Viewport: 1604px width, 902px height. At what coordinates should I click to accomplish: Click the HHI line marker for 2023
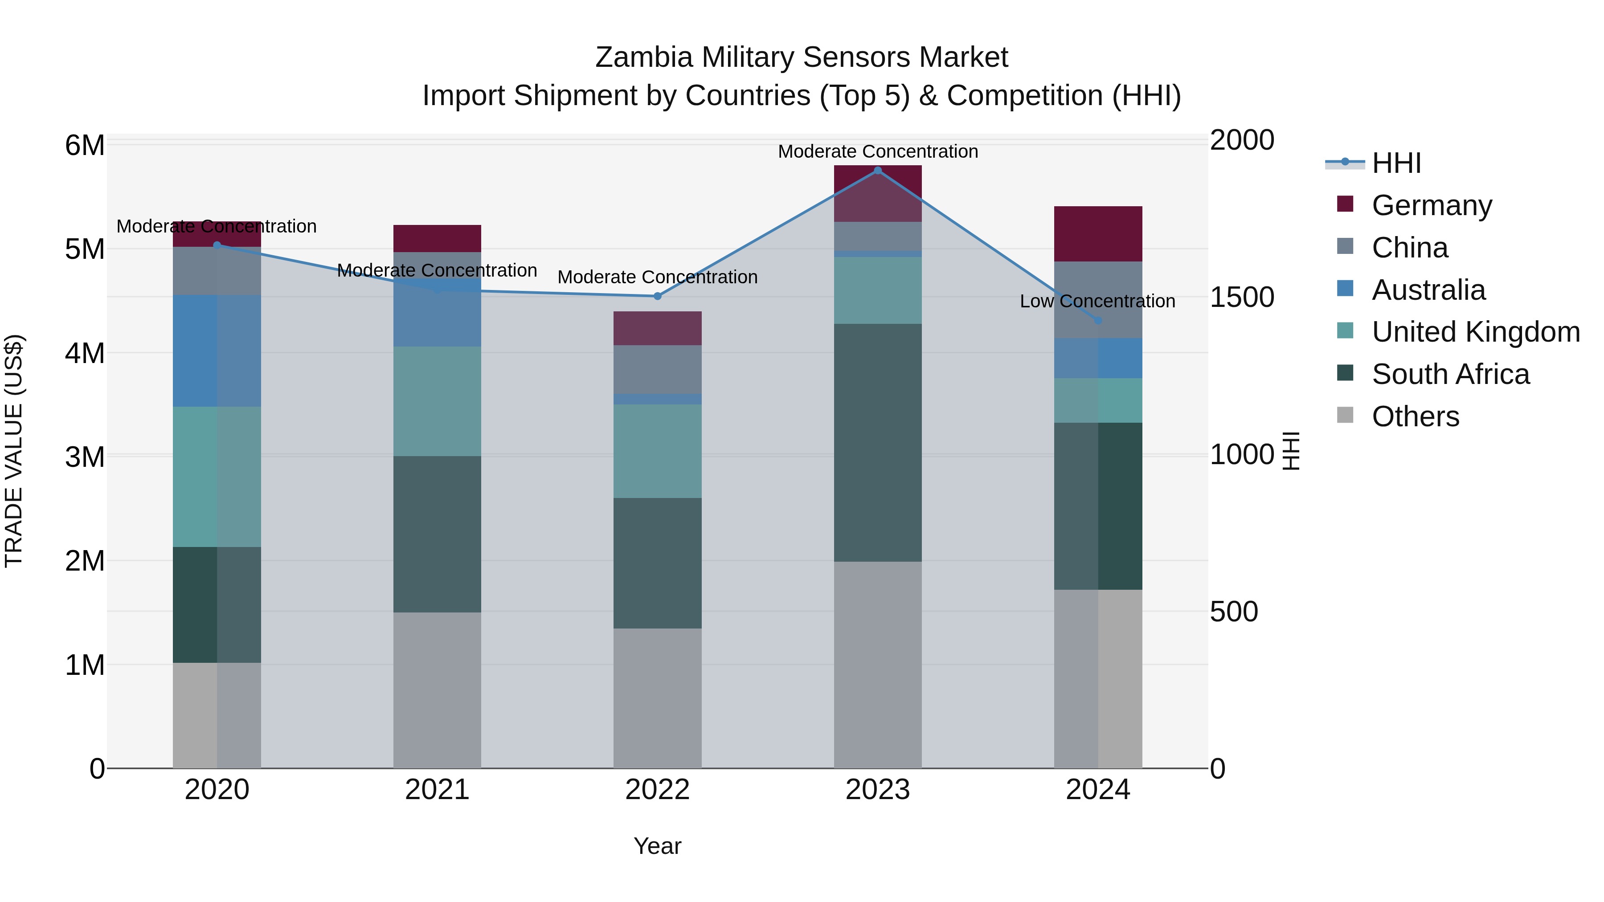pyautogui.click(x=877, y=170)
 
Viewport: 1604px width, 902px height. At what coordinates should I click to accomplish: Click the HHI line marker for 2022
pyautogui.click(x=657, y=296)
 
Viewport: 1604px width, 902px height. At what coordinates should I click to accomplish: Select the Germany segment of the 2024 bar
pyautogui.click(x=1098, y=233)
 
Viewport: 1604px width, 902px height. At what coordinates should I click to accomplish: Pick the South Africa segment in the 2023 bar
pyautogui.click(x=877, y=442)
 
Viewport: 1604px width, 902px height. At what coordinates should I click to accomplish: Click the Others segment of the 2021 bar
pyautogui.click(x=437, y=690)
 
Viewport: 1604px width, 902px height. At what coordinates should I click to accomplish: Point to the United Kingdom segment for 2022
pyautogui.click(x=657, y=451)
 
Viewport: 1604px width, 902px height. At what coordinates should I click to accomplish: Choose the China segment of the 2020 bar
pyautogui.click(x=217, y=271)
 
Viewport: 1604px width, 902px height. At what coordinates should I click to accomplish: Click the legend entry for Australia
pyautogui.click(x=1428, y=290)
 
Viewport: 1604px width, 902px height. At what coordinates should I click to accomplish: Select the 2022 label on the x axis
pyautogui.click(x=657, y=790)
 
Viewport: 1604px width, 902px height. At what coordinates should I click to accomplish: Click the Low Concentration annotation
pyautogui.click(x=1097, y=301)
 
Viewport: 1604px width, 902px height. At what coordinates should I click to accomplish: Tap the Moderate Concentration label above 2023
pyautogui.click(x=877, y=151)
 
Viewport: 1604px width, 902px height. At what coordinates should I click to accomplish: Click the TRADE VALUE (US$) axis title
pyautogui.click(x=14, y=451)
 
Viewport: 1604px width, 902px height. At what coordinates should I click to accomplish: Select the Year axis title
pyautogui.click(x=657, y=846)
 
